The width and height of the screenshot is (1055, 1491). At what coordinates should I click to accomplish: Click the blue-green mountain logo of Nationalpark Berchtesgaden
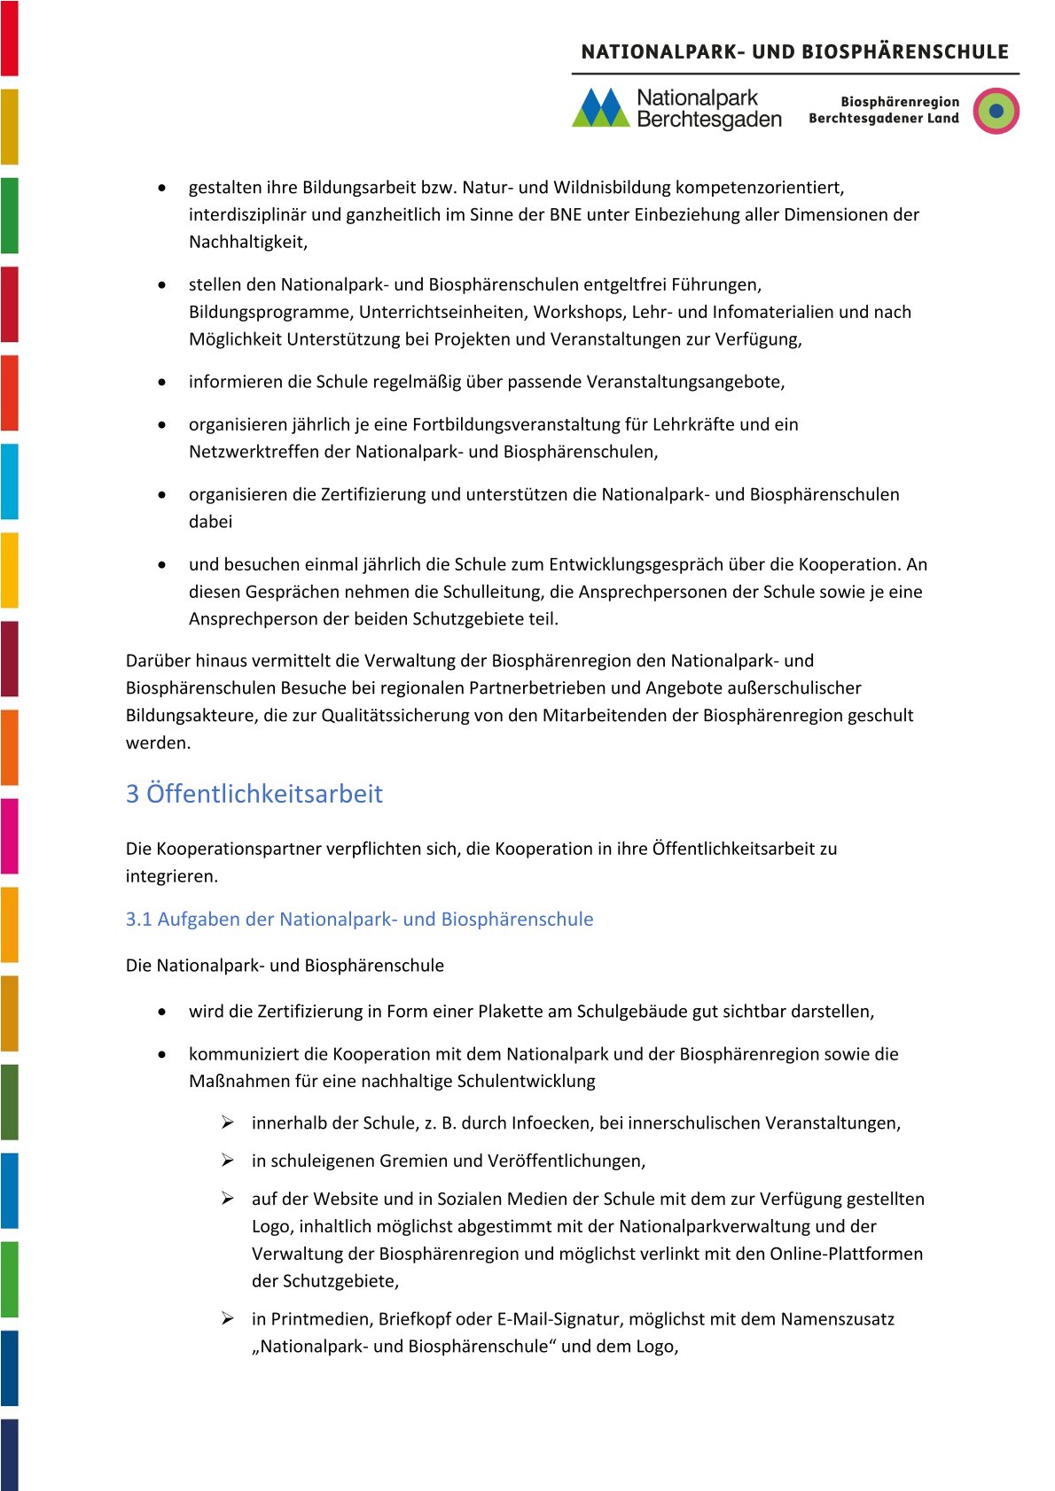[x=601, y=108]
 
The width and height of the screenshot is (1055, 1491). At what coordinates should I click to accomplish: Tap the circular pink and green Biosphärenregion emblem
[x=996, y=111]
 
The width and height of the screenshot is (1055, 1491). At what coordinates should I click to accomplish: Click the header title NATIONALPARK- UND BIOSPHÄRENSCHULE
[x=794, y=51]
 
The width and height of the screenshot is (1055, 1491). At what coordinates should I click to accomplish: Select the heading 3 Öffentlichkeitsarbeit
[x=254, y=794]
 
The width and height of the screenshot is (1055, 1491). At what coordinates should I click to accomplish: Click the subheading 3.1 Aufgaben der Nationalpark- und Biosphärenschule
[x=359, y=920]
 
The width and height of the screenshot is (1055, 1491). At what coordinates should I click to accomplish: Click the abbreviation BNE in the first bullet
[x=566, y=214]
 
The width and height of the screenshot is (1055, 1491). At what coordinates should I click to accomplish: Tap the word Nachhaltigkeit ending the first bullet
[x=247, y=242]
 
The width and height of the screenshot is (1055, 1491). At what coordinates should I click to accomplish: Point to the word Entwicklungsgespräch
[x=636, y=564]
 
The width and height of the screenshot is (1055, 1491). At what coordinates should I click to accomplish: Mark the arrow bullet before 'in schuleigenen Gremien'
[x=228, y=1161]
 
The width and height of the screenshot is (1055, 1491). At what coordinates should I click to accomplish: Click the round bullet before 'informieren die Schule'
[x=161, y=383]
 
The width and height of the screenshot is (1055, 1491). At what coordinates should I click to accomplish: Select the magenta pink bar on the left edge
[x=9, y=835]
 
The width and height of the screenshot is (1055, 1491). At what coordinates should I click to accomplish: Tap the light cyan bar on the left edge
[x=9, y=481]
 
